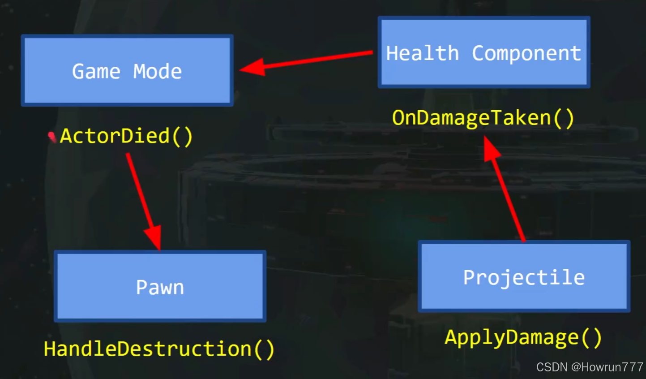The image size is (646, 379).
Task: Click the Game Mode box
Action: click(127, 70)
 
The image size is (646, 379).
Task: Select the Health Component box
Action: click(483, 52)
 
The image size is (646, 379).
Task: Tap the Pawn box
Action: click(160, 287)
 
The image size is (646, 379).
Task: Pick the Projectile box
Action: click(524, 276)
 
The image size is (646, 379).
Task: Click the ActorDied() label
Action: click(126, 136)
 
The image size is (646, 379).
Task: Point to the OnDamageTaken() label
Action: click(483, 118)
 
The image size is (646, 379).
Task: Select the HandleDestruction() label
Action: click(159, 349)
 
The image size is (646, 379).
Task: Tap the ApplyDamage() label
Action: click(523, 337)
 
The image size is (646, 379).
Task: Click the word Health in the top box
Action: click(422, 53)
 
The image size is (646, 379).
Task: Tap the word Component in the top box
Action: click(526, 53)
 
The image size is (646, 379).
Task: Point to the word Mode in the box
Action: click(158, 72)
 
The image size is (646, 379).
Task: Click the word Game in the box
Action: click(96, 72)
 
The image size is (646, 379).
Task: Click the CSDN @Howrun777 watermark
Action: click(590, 367)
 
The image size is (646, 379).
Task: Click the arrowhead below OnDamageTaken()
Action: click(492, 149)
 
